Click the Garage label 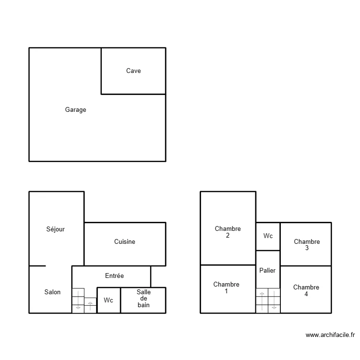click(x=76, y=110)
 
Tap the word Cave click(x=133, y=71)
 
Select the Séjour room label click(x=56, y=229)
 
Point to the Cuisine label click(x=124, y=242)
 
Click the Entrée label click(x=114, y=276)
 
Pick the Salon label click(x=52, y=292)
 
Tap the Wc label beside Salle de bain click(x=108, y=300)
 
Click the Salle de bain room click(x=144, y=299)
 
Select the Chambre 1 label click(x=226, y=288)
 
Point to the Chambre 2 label click(x=228, y=232)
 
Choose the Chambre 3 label click(x=307, y=245)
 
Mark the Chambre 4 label click(x=306, y=291)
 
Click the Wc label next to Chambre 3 click(x=268, y=236)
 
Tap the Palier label click(x=267, y=271)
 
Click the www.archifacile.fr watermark click(x=330, y=335)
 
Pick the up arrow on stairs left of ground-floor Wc click(x=90, y=304)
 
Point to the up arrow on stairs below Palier click(x=262, y=294)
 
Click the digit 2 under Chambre click(x=228, y=236)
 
